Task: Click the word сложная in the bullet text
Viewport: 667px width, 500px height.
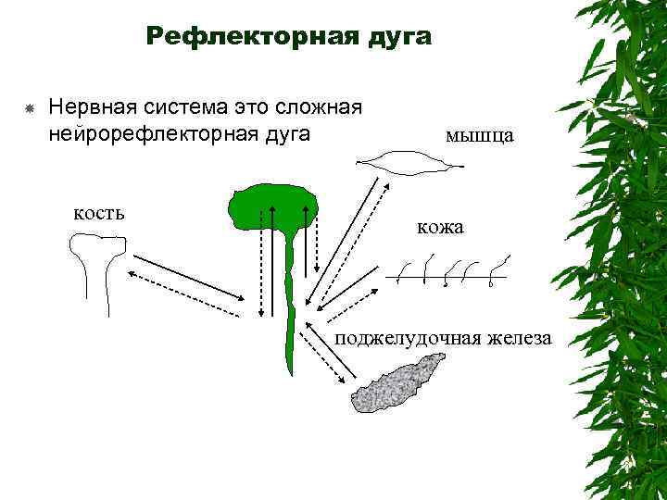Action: (x=312, y=106)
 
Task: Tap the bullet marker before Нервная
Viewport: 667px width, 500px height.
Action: (x=29, y=108)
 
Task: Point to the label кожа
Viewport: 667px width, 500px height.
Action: (x=439, y=227)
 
